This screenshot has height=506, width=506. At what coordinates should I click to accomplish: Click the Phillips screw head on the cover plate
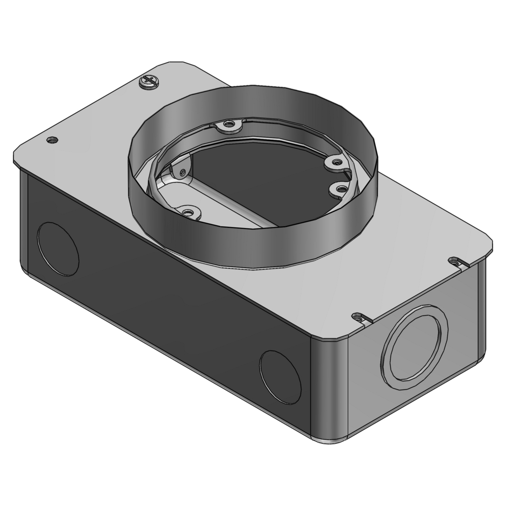(148, 82)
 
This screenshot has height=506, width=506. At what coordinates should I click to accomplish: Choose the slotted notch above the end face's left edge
(358, 317)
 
